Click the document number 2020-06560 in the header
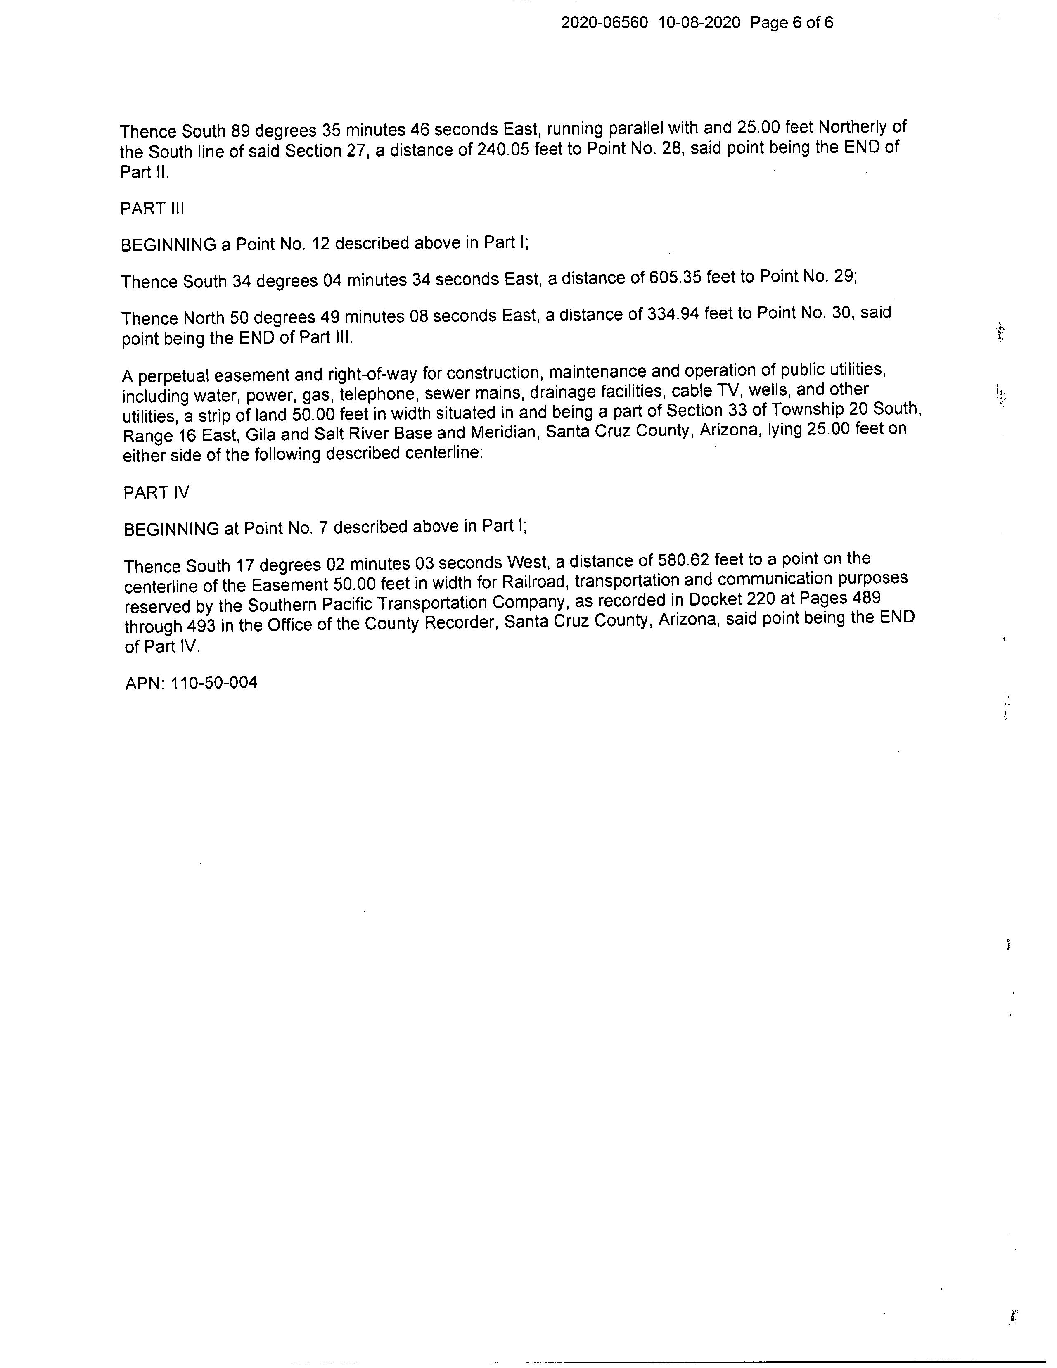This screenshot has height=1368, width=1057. click(604, 23)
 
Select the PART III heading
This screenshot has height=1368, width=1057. click(152, 209)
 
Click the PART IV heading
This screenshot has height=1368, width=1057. click(156, 493)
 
